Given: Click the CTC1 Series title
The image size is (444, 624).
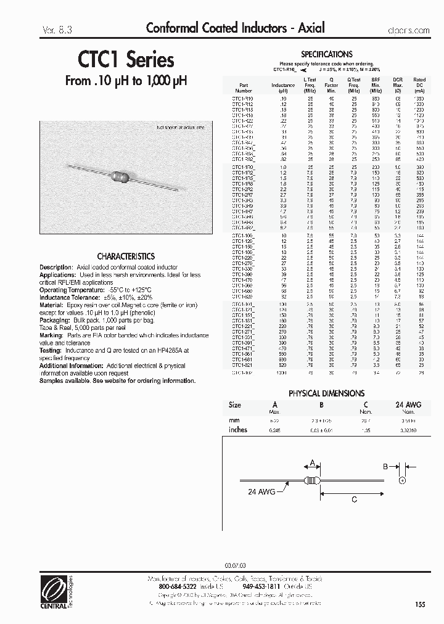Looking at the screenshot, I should pyautogui.click(x=126, y=60).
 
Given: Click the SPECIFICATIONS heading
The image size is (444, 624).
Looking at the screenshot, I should pyautogui.click(x=326, y=54).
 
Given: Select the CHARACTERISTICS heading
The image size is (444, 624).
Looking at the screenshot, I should pyautogui.click(x=126, y=256).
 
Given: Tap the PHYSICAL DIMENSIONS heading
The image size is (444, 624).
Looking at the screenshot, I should pyautogui.click(x=326, y=393).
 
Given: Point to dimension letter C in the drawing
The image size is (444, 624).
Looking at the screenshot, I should pyautogui.click(x=354, y=500).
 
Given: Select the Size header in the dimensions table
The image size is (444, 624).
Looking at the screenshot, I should pyautogui.click(x=234, y=405).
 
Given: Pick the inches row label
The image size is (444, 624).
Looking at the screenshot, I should pyautogui.click(x=237, y=430).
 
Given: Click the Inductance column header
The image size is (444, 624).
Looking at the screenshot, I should pyautogui.click(x=283, y=85).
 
